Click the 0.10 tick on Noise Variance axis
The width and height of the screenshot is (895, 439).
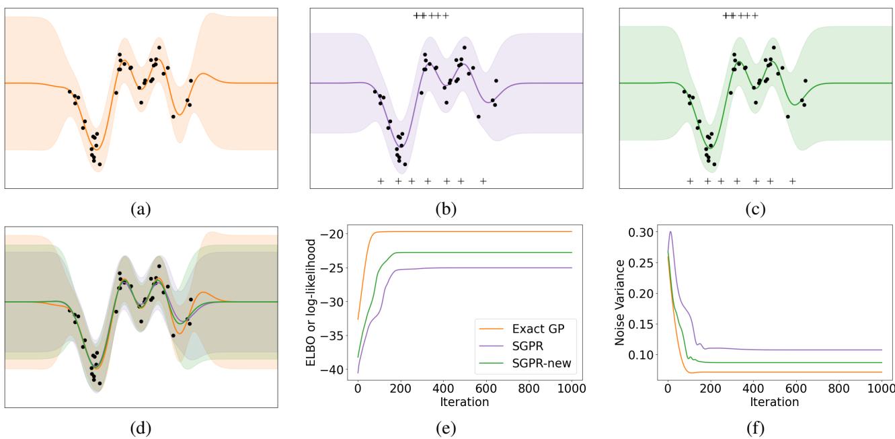tap(644, 355)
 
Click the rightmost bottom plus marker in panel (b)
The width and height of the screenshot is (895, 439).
tap(483, 181)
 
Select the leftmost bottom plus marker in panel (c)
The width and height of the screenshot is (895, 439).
tap(690, 181)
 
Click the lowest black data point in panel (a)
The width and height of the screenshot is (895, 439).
tap(100, 164)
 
